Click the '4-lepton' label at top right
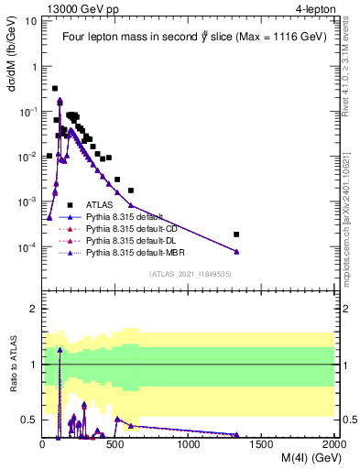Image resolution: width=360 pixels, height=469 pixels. pyautogui.click(x=314, y=9)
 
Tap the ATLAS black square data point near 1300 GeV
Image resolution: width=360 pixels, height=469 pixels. pyautogui.click(x=236, y=234)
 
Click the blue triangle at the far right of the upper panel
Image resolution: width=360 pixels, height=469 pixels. pyautogui.click(x=236, y=252)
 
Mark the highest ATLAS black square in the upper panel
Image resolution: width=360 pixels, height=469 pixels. pyautogui.click(x=55, y=89)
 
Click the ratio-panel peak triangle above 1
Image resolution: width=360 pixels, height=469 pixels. pyautogui.click(x=60, y=349)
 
